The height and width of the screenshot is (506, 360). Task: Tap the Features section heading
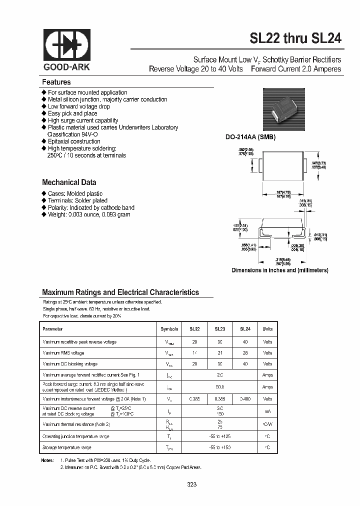56,82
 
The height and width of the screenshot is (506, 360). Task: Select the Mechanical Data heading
69,182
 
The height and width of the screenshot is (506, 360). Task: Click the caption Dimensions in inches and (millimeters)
279,270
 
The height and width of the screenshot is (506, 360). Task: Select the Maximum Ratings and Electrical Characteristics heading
120,292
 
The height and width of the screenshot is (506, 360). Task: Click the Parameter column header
53,329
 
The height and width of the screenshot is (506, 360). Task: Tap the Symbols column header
169,329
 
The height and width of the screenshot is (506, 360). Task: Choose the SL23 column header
220,329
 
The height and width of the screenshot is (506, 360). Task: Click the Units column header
267,329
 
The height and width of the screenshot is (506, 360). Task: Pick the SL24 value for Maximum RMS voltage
244,353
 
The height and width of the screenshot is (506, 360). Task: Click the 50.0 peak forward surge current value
220,387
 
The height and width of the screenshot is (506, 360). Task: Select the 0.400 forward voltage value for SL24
244,399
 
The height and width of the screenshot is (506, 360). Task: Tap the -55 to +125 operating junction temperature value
220,436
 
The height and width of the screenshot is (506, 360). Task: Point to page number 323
192,484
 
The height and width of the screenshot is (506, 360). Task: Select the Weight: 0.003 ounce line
89,214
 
